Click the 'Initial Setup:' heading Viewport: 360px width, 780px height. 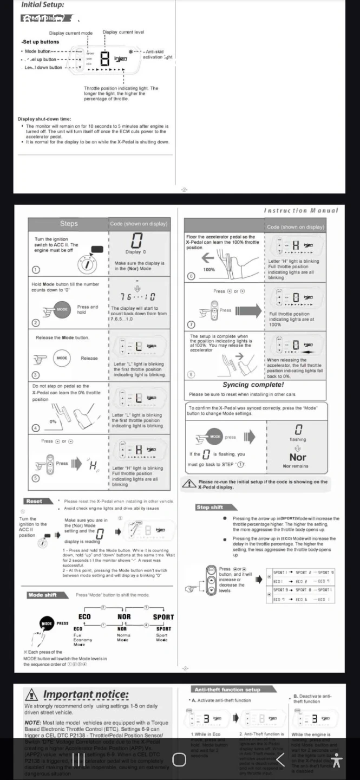(42, 5)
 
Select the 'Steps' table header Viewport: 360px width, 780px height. (69, 224)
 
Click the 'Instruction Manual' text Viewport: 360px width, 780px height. (300, 210)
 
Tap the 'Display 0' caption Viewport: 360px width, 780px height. (136, 252)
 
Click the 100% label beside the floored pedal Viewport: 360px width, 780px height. (209, 269)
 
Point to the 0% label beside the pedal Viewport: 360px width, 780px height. (53, 421)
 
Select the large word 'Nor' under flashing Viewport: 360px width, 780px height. (297, 457)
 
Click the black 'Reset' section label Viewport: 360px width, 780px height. (34, 501)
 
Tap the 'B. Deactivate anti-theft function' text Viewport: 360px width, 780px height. (312, 699)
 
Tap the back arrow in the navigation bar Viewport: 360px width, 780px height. (280, 759)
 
